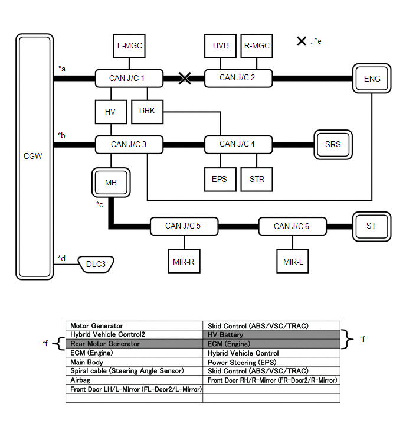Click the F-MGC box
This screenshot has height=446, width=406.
(x=129, y=45)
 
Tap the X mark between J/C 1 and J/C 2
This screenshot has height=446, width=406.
(x=185, y=78)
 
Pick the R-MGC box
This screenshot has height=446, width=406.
(x=257, y=45)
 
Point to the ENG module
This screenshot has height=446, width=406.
(x=372, y=79)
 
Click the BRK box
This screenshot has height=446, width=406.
(x=148, y=110)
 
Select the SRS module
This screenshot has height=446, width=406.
(x=333, y=144)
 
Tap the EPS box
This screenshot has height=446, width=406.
(x=219, y=179)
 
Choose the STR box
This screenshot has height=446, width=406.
(x=257, y=179)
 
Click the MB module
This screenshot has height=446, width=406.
(x=111, y=183)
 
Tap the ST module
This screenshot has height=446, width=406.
(x=371, y=226)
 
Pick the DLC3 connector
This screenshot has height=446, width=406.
(x=96, y=265)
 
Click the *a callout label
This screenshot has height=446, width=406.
(x=62, y=69)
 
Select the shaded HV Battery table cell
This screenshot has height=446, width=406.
(x=271, y=335)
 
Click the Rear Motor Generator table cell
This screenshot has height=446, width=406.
(x=135, y=344)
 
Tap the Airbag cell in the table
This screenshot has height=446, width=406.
(x=135, y=380)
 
